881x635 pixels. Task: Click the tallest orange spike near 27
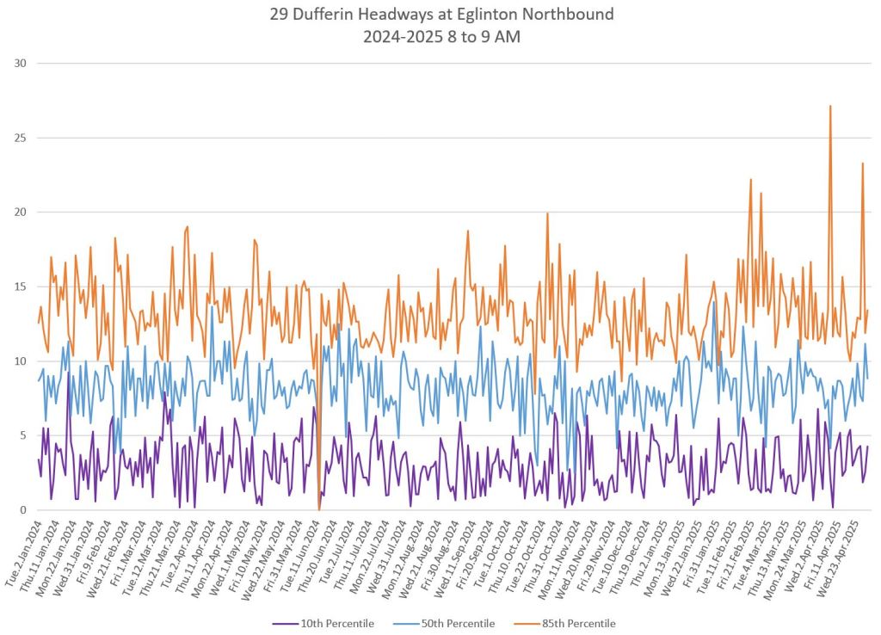coord(829,107)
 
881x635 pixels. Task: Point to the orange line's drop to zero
coord(318,509)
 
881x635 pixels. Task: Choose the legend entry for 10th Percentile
coord(334,623)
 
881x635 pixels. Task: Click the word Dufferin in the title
coord(330,15)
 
